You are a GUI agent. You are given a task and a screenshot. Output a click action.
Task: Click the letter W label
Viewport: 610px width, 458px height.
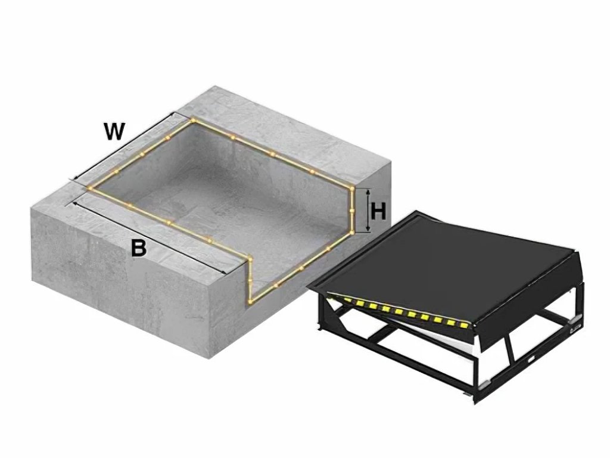pyautogui.click(x=114, y=131)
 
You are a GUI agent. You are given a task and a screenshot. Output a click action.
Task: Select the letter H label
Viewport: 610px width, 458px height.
pyautogui.click(x=378, y=212)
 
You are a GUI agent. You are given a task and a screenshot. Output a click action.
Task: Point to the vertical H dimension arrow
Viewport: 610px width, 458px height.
pyautogui.click(x=368, y=211)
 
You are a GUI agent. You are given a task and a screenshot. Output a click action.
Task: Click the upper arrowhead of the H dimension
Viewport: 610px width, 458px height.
pyautogui.click(x=368, y=192)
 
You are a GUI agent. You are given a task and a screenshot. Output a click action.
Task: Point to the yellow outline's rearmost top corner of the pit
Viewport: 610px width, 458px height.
pyautogui.click(x=192, y=120)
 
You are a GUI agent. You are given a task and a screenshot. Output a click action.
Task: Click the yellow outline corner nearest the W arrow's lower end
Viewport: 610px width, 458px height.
pyautogui.click(x=91, y=188)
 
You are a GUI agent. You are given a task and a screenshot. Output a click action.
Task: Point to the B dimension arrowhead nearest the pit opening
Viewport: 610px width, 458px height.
pyautogui.click(x=224, y=272)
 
